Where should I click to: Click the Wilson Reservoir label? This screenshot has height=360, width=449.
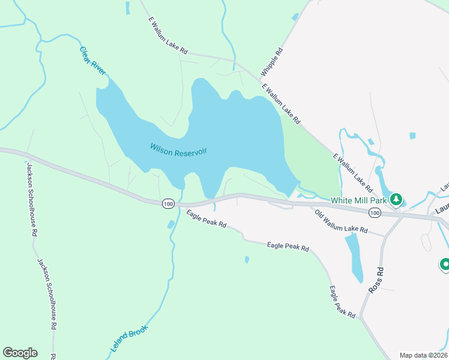click(178, 149)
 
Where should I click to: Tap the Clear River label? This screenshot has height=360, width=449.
click(92, 61)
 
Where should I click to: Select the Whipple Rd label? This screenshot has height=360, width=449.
click(271, 62)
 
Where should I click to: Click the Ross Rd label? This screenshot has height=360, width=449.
click(376, 280)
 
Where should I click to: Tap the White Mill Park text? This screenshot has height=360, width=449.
click(359, 200)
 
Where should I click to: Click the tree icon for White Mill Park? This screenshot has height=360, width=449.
click(396, 199)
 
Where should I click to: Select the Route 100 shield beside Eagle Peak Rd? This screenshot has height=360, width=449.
click(168, 205)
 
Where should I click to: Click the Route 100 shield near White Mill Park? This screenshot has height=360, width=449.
click(375, 212)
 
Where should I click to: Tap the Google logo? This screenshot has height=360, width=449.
click(20, 353)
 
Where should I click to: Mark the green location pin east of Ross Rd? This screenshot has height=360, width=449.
click(445, 264)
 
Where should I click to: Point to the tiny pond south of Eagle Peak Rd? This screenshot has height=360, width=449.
click(247, 260)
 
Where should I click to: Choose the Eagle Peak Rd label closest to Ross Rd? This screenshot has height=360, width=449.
click(342, 301)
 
